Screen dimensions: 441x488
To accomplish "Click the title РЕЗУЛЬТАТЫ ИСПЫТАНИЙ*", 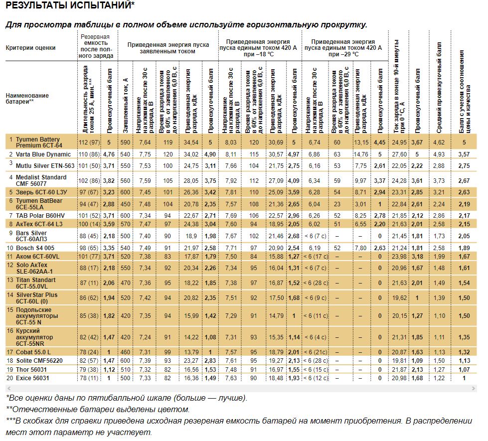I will [x=70, y=5].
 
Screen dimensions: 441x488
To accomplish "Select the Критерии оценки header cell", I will [x=30, y=48].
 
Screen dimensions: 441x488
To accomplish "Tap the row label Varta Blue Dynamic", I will [x=43, y=154].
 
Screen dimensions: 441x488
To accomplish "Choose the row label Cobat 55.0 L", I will [x=37, y=352].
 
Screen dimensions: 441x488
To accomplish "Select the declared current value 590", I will [x=126, y=142].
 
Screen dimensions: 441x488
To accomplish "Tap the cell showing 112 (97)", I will [x=90, y=142].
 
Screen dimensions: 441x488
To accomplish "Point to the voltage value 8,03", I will [x=230, y=142].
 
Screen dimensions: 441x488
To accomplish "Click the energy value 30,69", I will [x=276, y=142].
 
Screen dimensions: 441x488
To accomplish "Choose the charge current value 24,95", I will [x=399, y=142].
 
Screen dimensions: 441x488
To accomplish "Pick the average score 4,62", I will [x=439, y=142].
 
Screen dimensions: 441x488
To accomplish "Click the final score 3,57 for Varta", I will [x=464, y=154].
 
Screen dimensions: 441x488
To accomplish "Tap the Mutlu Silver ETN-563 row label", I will [x=45, y=165].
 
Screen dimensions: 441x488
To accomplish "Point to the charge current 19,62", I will [x=399, y=297].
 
